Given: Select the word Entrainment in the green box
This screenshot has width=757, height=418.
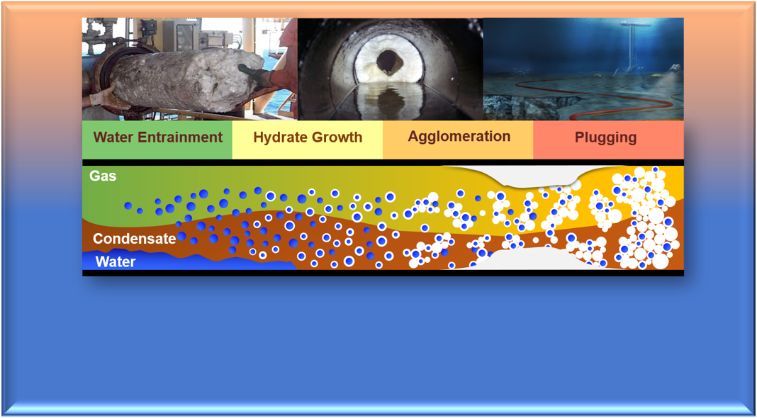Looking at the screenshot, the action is [x=181, y=137].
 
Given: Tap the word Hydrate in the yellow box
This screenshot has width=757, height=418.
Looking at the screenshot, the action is [x=276, y=137].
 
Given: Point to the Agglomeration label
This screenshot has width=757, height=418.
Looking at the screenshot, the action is [x=459, y=137].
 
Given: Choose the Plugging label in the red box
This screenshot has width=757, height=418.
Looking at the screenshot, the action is [x=605, y=137].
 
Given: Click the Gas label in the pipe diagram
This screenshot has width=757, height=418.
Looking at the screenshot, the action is [x=103, y=176].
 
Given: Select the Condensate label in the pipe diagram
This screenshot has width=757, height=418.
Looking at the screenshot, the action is [x=134, y=239].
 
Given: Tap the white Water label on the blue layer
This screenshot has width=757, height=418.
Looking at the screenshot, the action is [x=116, y=262].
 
